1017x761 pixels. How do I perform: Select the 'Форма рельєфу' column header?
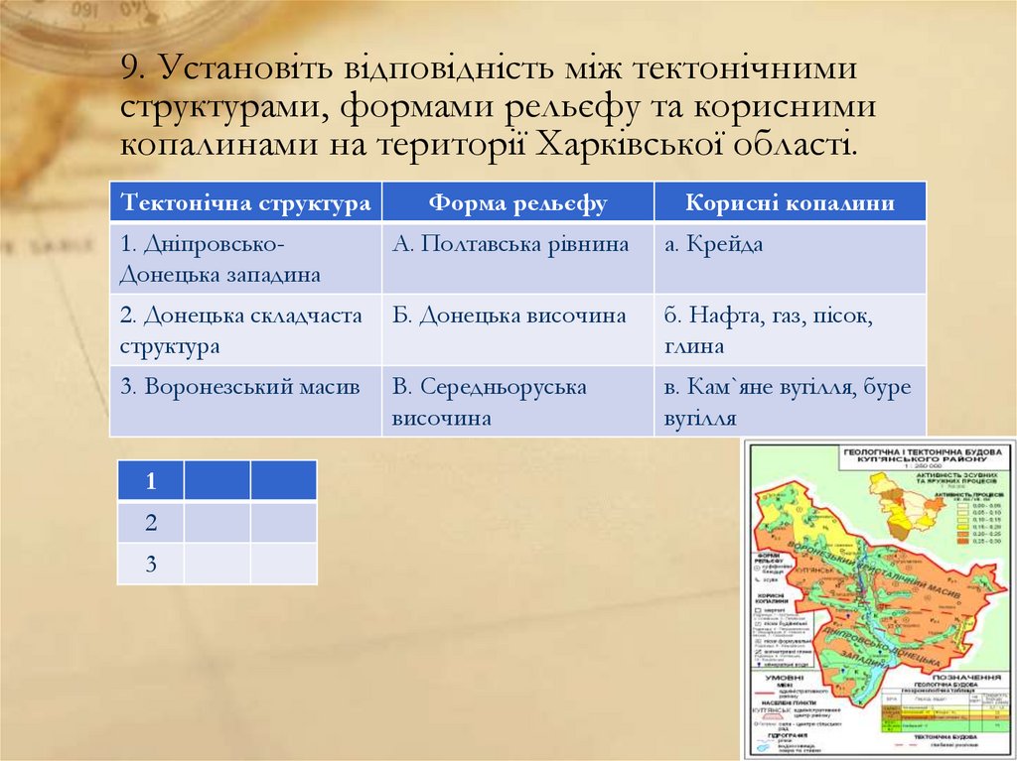tap(517, 202)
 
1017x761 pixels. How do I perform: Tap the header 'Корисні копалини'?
tap(790, 202)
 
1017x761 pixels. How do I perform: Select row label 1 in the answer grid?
tap(151, 482)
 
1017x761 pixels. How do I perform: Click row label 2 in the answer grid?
tap(151, 523)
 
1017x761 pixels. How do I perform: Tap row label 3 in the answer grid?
tap(151, 565)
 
